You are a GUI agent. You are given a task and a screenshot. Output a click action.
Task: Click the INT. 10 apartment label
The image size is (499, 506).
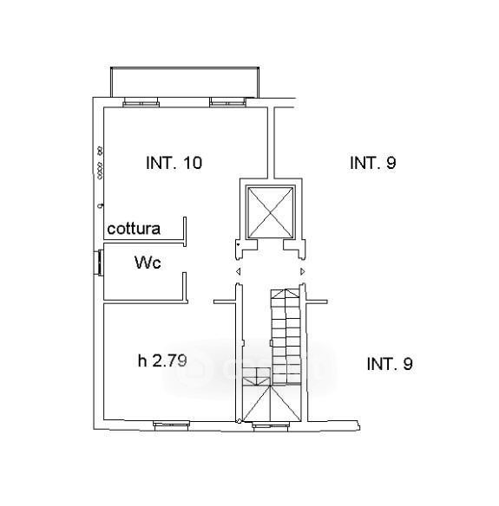pyautogui.click(x=174, y=163)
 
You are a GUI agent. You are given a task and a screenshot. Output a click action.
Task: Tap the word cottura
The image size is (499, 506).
pyautogui.click(x=134, y=229)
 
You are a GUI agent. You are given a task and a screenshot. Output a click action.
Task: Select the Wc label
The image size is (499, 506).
pyautogui.click(x=148, y=263)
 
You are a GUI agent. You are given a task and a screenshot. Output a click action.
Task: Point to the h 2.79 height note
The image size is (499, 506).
pyautogui.click(x=162, y=360)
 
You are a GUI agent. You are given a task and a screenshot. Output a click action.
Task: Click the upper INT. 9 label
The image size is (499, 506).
pyautogui.click(x=373, y=163)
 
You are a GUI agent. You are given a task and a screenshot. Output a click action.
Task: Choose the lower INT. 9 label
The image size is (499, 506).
pyautogui.click(x=390, y=364)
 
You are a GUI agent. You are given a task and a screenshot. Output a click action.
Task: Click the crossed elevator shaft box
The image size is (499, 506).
pyautogui.click(x=270, y=212)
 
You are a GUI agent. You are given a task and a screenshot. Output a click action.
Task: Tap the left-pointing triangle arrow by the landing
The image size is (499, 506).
pyautogui.click(x=238, y=272)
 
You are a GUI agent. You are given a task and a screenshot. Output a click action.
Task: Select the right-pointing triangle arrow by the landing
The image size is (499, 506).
pyautogui.click(x=303, y=272)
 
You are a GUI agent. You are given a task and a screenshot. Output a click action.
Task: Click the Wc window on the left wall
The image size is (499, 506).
pyautogui.click(x=98, y=263)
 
